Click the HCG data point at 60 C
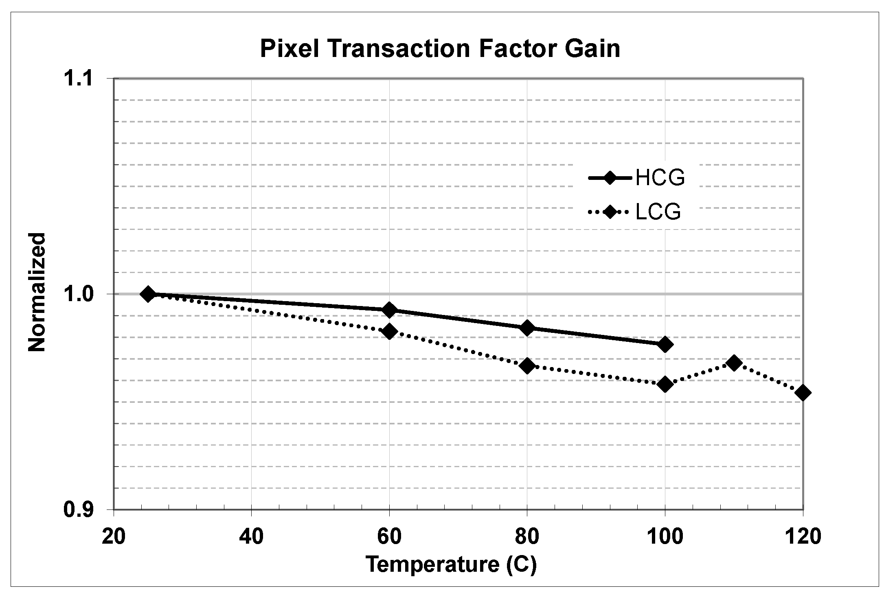(390, 310)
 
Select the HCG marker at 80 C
(527, 328)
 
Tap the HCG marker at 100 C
(665, 344)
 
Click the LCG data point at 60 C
(390, 331)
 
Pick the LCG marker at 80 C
(527, 366)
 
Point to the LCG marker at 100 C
(665, 384)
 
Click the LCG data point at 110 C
(734, 363)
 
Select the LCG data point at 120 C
(803, 393)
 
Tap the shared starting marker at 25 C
(148, 294)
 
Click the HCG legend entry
(637, 178)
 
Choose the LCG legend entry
(635, 212)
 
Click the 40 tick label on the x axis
(251, 536)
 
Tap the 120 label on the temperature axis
(802, 536)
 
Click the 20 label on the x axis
(114, 536)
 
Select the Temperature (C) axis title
(451, 564)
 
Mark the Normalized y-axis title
(37, 292)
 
